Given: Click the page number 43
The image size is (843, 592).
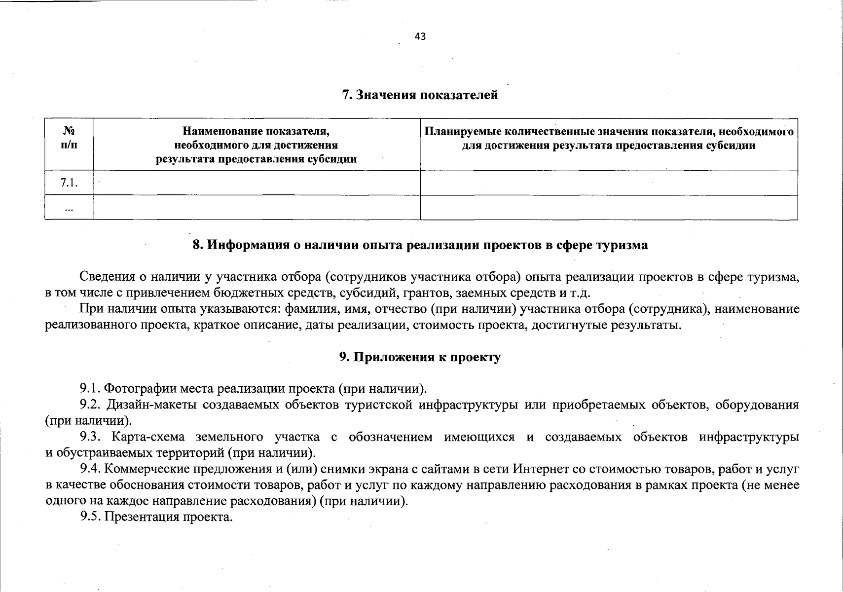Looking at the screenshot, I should click(x=420, y=36).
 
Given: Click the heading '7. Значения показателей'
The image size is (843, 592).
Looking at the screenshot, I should click(x=420, y=95).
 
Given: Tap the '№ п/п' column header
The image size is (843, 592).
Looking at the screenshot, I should click(x=69, y=138).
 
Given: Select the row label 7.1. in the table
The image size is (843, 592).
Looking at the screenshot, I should click(x=69, y=183).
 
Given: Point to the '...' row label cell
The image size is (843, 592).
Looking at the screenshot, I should click(x=69, y=208).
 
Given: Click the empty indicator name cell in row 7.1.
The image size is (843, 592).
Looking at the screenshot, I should click(x=257, y=183).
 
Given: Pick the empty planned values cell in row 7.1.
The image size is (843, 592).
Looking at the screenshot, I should click(x=609, y=183).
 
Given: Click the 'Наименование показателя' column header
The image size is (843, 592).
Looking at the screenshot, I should click(x=257, y=145).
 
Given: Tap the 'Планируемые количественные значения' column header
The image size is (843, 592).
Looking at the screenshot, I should click(x=609, y=138).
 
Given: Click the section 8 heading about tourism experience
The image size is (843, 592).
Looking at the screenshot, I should click(x=420, y=245).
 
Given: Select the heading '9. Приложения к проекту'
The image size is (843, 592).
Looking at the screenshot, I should click(x=420, y=357).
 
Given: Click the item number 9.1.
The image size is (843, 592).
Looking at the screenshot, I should click(x=91, y=388).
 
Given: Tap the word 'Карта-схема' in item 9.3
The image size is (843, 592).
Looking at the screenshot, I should click(x=148, y=437).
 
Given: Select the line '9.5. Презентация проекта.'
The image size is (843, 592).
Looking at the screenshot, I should click(x=156, y=517).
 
